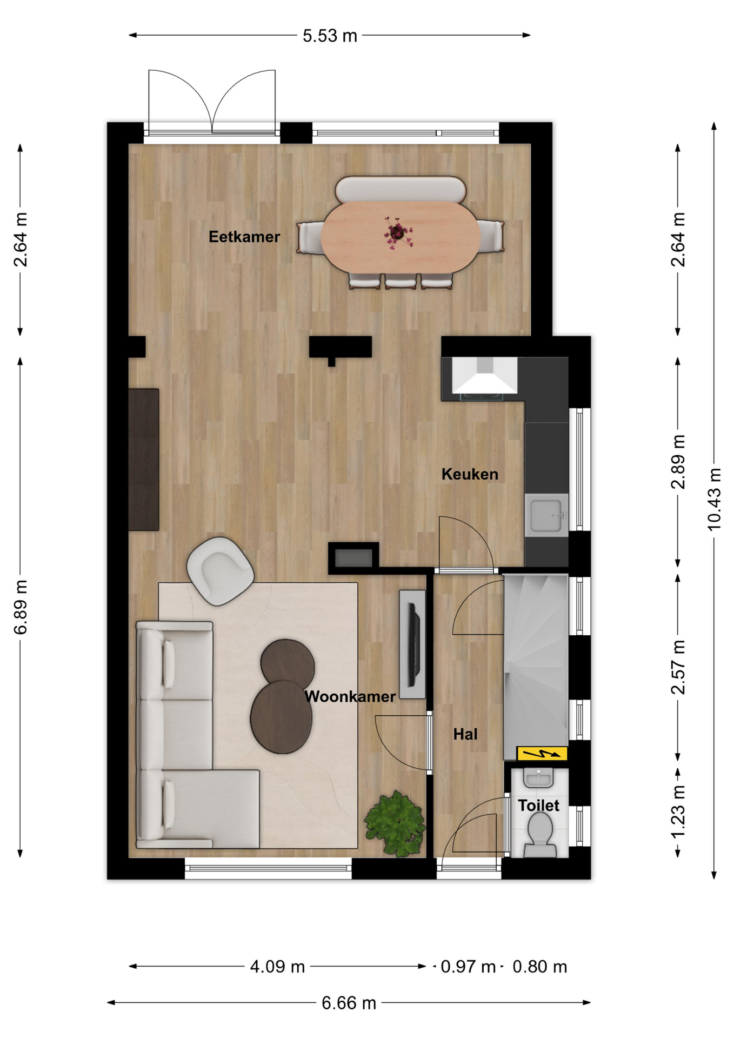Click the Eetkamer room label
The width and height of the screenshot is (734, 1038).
click(244, 237)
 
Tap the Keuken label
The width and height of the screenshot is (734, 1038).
click(470, 474)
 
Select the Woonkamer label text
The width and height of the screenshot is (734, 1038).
click(350, 696)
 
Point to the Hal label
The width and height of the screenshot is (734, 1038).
click(465, 734)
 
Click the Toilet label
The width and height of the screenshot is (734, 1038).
click(538, 806)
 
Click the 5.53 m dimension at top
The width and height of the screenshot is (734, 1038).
click(330, 36)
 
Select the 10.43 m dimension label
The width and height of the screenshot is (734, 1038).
click(714, 499)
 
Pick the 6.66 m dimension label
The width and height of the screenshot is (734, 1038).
click(349, 1003)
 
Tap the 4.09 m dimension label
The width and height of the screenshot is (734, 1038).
click(277, 966)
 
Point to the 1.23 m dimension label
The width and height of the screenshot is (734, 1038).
click(678, 811)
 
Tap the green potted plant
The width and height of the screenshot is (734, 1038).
click(395, 824)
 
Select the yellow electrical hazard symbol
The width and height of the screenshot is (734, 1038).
click(542, 753)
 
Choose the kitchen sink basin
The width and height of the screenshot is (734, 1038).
click(546, 515)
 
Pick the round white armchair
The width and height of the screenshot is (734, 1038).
click(220, 570)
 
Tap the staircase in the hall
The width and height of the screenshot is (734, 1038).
click(536, 667)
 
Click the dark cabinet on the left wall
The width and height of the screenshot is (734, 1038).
click(144, 460)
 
